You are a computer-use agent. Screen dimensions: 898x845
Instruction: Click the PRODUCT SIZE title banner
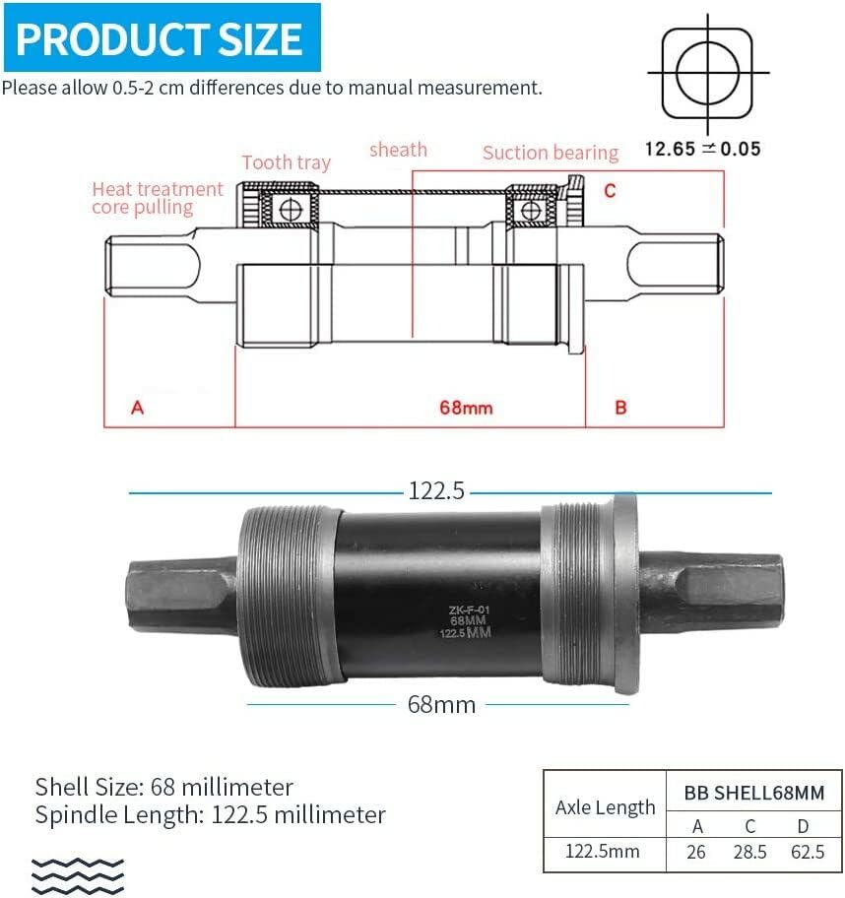(x=161, y=37)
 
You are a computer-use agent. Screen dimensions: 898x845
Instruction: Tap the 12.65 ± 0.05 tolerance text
(x=702, y=149)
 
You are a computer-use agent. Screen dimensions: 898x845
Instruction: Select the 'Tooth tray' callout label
(x=286, y=162)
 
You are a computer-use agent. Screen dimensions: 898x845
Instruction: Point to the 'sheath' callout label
(x=398, y=150)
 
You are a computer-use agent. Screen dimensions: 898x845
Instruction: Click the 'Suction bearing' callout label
(x=550, y=153)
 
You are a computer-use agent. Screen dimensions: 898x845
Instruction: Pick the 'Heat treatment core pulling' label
(x=158, y=197)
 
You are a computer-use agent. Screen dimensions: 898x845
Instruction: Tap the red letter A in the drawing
(x=138, y=407)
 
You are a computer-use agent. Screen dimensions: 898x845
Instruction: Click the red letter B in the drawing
(x=620, y=407)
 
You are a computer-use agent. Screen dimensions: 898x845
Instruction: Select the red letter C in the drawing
(x=610, y=190)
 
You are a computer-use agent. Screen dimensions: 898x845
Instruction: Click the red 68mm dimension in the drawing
(x=465, y=407)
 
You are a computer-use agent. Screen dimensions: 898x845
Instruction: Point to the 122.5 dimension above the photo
(x=435, y=490)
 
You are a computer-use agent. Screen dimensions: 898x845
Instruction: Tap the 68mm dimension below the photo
(x=441, y=704)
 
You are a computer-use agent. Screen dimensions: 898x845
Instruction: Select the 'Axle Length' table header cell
(x=605, y=807)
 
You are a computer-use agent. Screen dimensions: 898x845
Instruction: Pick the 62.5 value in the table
(x=808, y=852)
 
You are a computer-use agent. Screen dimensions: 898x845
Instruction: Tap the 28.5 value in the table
(x=750, y=852)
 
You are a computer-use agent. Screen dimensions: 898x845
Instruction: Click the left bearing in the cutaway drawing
(x=288, y=209)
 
